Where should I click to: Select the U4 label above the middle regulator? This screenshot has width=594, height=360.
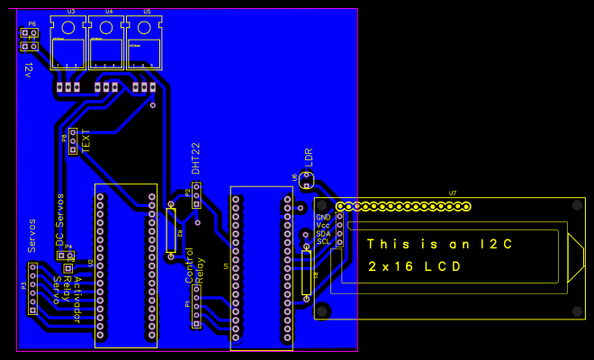coord(108,12)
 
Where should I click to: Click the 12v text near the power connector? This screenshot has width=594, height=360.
coord(29,69)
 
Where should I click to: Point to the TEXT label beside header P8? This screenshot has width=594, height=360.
coord(86,140)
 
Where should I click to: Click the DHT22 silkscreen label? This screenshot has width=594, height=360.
coord(196,158)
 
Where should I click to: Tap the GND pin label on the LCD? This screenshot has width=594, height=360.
coord(323,218)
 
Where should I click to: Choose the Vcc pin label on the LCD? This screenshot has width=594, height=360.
coord(323,226)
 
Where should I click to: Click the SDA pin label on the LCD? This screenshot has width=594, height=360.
coord(323,233)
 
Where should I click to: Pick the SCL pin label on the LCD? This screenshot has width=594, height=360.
coord(323,241)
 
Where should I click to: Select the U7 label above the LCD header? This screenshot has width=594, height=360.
coord(452,193)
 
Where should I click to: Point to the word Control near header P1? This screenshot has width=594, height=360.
coord(189,266)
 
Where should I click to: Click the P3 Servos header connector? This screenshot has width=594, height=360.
coord(33,288)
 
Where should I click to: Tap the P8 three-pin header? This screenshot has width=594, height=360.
coord(73,141)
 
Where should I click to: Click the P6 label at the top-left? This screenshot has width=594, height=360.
coord(31,24)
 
